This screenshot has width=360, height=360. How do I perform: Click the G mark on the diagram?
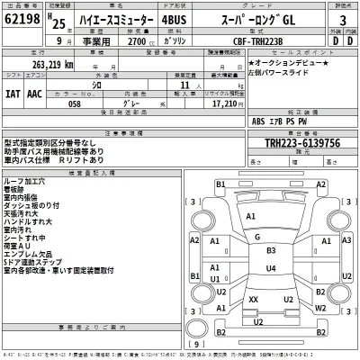click(x=256, y=238)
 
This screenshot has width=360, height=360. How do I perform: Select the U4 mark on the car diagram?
click(x=271, y=268)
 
